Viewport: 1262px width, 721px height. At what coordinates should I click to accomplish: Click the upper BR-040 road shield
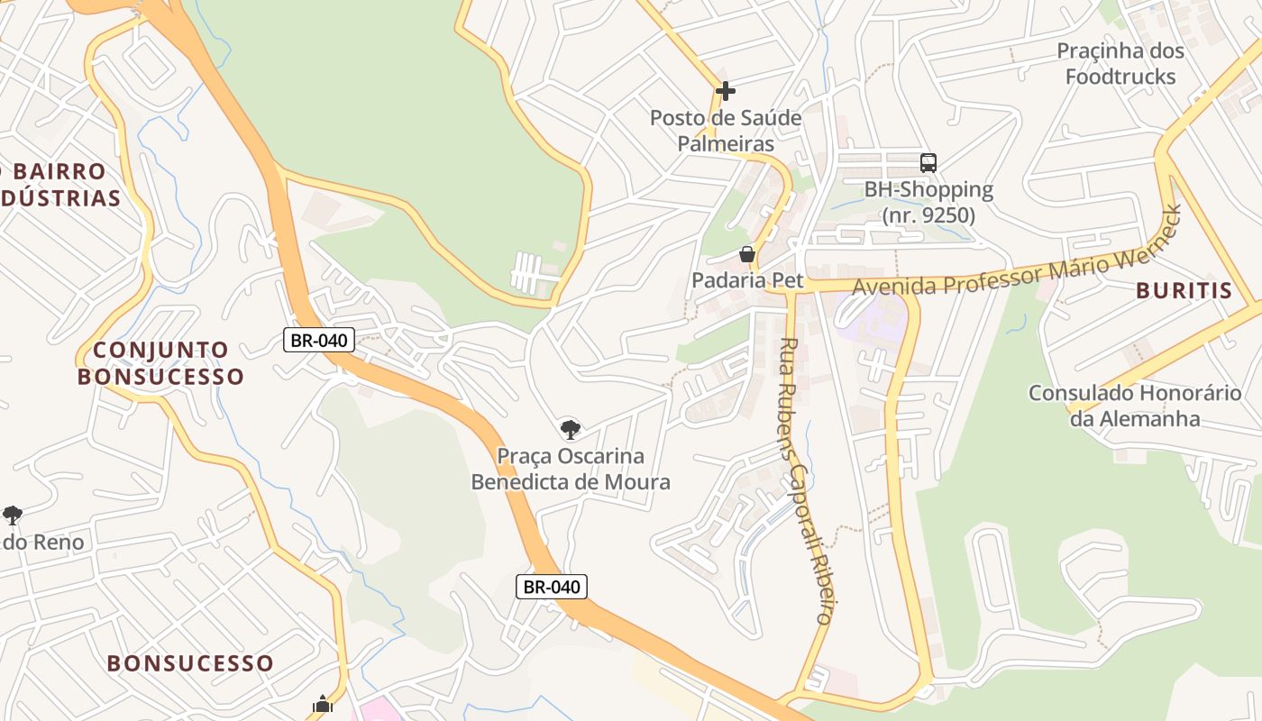320,340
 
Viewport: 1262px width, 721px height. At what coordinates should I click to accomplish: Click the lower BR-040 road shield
552,587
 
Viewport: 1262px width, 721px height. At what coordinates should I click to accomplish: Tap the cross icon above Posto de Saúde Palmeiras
726,91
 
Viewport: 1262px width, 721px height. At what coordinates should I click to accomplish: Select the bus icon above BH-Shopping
928,163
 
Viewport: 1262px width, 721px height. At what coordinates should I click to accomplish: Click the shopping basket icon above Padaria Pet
747,255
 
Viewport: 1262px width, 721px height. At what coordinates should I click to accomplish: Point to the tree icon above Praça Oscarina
569,429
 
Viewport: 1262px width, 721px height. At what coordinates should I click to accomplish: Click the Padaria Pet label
746,280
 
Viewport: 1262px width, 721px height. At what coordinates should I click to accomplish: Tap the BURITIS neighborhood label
1184,290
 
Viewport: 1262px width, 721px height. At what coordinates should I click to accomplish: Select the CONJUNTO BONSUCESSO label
160,363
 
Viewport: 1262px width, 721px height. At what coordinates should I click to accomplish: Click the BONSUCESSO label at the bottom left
190,663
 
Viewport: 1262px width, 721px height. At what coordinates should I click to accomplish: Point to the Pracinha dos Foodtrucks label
1120,63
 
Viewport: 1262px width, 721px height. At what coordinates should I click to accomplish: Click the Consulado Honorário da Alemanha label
1134,406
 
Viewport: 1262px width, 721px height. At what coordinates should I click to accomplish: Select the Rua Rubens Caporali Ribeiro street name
805,480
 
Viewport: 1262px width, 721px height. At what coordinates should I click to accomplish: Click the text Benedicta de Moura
571,482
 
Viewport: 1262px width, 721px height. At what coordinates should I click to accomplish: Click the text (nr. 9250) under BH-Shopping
928,215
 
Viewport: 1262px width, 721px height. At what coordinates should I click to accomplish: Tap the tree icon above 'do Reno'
12,516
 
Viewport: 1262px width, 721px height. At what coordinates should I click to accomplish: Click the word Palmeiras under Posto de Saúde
726,143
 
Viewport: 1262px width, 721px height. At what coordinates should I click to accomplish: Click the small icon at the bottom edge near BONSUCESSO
323,705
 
